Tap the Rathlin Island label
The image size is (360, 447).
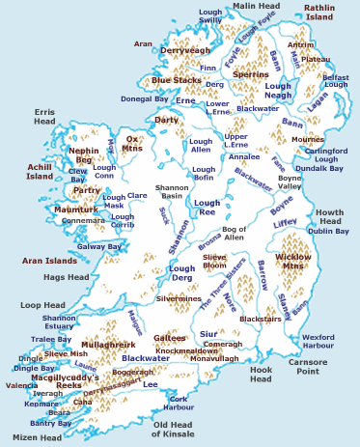(318, 12)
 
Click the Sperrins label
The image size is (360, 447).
(251, 73)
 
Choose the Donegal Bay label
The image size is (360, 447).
(144, 98)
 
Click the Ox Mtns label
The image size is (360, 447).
(132, 145)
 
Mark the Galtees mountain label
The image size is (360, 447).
(170, 338)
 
